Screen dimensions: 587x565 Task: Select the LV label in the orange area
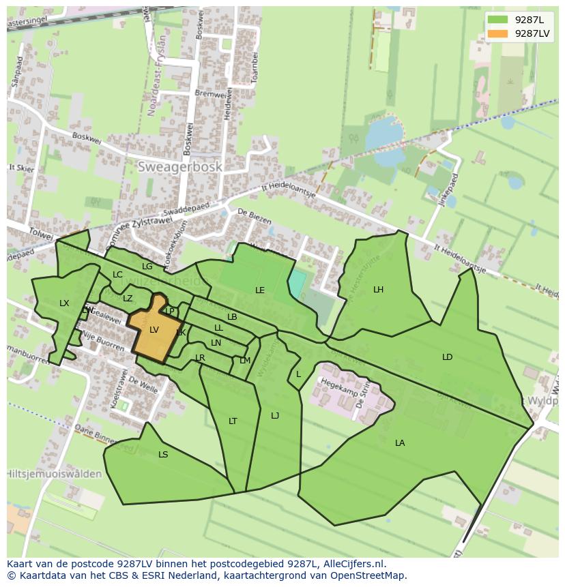154,330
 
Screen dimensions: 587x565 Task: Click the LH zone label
378,290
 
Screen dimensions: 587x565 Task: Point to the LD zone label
447,357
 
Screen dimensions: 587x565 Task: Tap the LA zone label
400,443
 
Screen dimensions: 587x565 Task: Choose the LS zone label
163,455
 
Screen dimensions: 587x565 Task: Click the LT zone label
233,421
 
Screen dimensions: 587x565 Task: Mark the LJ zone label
275,416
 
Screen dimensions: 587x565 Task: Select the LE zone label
260,290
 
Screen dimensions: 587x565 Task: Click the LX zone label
64,303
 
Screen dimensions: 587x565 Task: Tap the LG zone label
147,267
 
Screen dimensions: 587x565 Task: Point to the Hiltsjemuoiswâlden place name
55,474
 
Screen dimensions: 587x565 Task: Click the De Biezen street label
255,217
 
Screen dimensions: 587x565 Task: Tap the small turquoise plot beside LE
297,283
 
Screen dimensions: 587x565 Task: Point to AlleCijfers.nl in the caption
352,564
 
